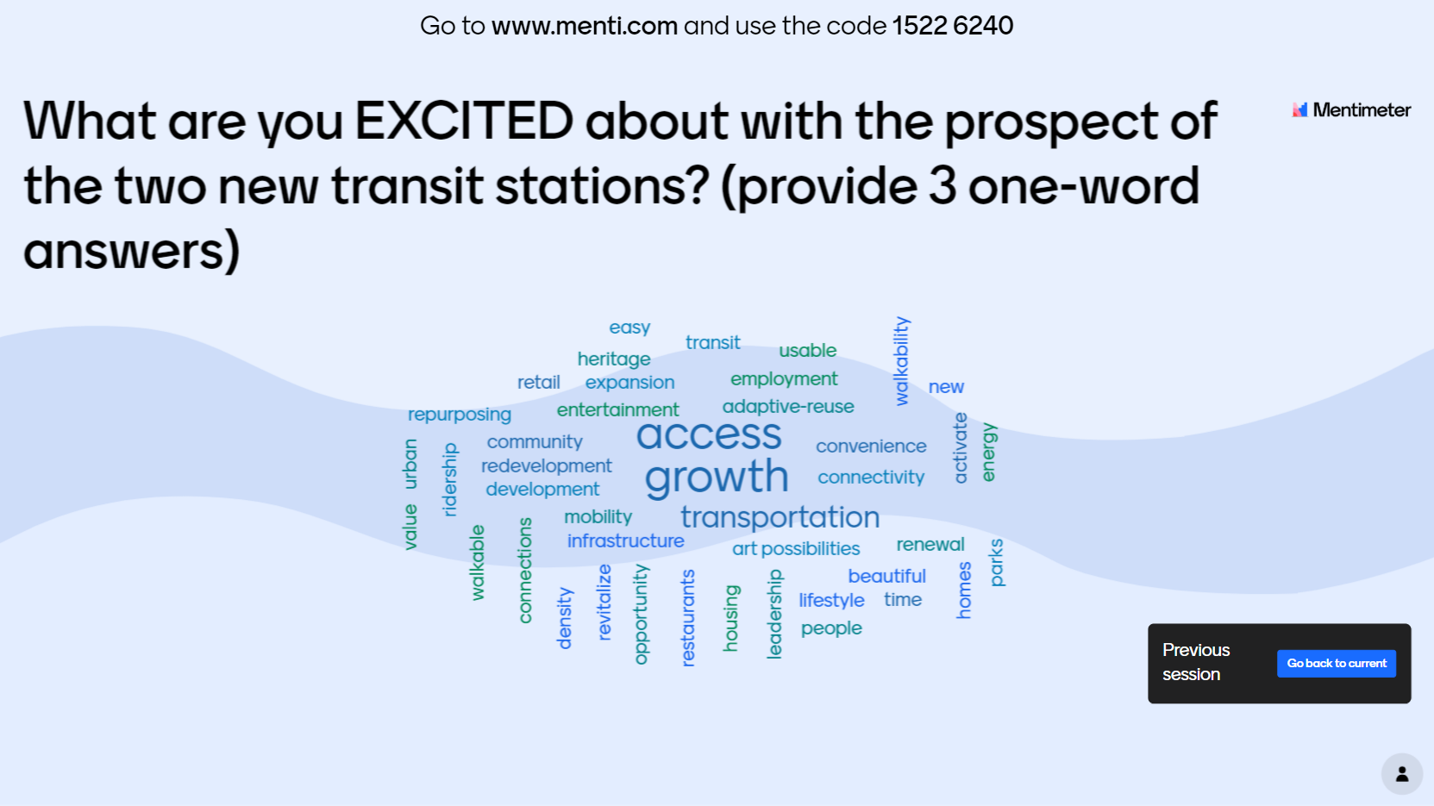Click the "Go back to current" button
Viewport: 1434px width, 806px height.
[x=1336, y=663]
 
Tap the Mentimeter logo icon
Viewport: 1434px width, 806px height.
[x=1299, y=110]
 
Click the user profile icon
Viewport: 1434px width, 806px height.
[x=1402, y=774]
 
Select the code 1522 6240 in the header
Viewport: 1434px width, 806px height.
[x=953, y=26]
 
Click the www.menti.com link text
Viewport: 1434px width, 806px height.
[x=585, y=26]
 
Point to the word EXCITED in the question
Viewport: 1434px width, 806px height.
[x=464, y=121]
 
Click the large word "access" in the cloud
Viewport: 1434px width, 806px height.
[x=709, y=434]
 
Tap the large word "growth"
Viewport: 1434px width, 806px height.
[x=717, y=477]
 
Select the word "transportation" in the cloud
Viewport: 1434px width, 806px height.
[x=780, y=517]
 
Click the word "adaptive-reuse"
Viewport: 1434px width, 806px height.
[x=788, y=407]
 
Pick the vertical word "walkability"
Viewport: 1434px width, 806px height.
[x=901, y=361]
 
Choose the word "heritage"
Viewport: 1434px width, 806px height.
[x=614, y=359]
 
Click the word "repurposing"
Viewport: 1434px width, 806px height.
[x=460, y=415]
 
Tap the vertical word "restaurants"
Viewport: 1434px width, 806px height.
[x=687, y=618]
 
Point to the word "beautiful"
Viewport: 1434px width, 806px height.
[x=886, y=576]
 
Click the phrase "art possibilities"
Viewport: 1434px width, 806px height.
[x=796, y=549]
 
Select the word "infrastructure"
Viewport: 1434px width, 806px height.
[x=625, y=541]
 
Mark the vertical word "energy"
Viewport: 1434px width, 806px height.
[x=988, y=452]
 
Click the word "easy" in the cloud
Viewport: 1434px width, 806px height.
[x=629, y=328]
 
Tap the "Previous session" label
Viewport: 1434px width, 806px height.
[x=1196, y=662]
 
